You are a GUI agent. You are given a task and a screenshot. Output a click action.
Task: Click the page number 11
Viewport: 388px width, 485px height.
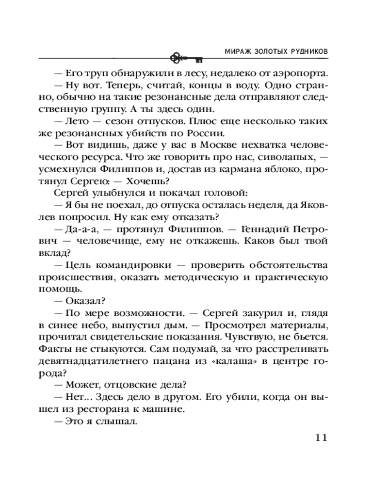click(x=318, y=438)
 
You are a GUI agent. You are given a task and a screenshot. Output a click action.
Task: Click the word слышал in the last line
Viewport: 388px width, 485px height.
click(x=119, y=421)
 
